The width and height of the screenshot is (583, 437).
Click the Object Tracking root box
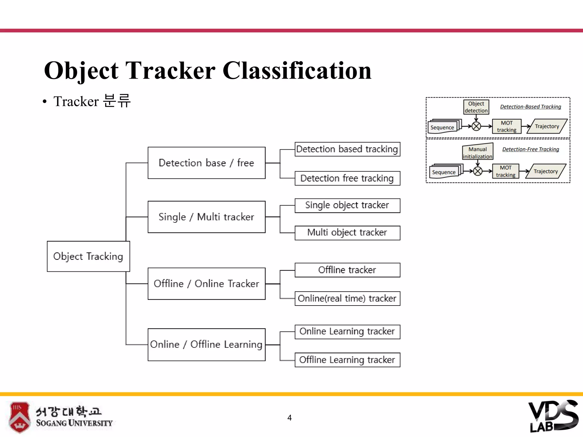[x=88, y=256]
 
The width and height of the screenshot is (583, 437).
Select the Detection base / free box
[x=206, y=163]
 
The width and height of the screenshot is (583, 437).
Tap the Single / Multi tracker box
[x=206, y=217]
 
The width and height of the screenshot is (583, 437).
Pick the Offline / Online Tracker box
[x=206, y=284]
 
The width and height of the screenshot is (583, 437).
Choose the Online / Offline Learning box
[x=206, y=345]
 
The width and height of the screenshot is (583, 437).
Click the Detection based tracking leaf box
[x=347, y=149]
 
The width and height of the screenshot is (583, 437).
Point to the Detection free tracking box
[x=347, y=178]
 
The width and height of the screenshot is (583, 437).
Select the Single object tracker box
[x=347, y=205]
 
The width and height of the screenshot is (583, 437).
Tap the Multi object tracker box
[x=347, y=233]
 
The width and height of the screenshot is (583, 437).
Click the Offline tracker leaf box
[x=347, y=270]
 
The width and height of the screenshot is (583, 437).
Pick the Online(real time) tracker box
[x=347, y=298]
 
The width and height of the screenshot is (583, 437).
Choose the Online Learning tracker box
[x=347, y=332]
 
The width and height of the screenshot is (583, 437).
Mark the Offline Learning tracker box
[x=347, y=360]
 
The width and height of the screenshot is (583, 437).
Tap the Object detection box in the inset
[x=476, y=107]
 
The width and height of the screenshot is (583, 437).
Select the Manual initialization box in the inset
[x=477, y=152]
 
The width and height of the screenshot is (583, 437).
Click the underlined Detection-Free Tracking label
[x=531, y=149]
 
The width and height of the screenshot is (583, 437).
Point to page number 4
[x=290, y=418]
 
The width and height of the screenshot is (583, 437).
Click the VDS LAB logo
[x=553, y=417]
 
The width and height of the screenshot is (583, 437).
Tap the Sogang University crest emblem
[x=19, y=417]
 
